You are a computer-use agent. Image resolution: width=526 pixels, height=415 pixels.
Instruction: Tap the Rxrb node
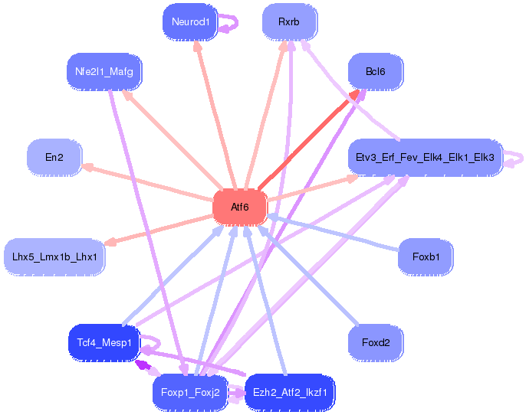[289, 22]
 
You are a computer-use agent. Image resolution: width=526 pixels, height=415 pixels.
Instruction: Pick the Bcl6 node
[375, 72]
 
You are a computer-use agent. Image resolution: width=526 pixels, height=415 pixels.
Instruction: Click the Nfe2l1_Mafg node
[104, 72]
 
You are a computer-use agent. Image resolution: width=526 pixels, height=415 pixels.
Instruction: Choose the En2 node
[54, 158]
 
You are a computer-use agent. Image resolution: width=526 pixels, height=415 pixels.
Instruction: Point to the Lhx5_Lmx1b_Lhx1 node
[54, 257]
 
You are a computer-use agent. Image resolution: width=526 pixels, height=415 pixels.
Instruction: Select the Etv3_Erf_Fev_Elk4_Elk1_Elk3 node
[424, 158]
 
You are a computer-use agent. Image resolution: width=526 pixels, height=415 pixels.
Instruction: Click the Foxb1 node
[426, 257]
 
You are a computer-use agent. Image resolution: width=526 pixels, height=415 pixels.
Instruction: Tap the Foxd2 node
[376, 342]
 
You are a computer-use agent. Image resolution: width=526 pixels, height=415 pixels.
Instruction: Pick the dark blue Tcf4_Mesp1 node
[104, 342]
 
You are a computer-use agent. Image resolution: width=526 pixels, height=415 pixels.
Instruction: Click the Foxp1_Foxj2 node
[190, 393]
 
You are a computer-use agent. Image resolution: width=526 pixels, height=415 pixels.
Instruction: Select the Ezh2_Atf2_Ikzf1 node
[290, 393]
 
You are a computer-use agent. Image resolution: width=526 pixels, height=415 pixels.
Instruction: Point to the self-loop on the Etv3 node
[515, 158]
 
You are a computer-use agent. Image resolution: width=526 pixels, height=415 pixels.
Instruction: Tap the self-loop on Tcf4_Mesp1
[152, 345]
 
